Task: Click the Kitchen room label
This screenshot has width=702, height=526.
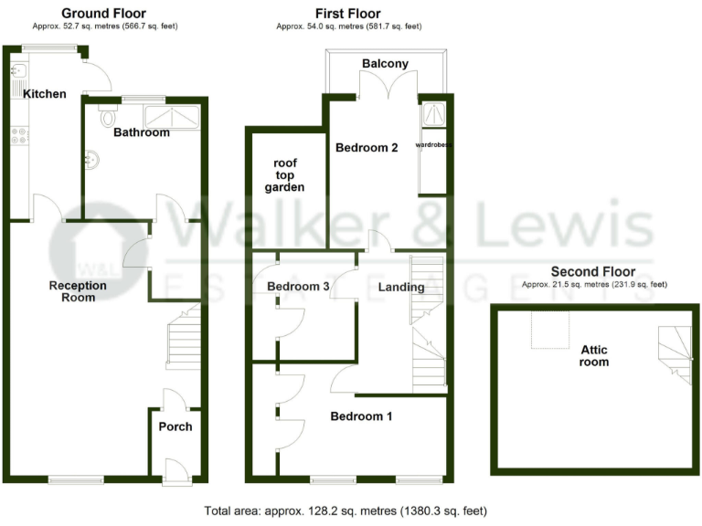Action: pyautogui.click(x=45, y=94)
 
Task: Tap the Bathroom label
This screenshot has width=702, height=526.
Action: pyautogui.click(x=142, y=133)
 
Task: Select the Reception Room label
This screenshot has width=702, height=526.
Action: pyautogui.click(x=78, y=291)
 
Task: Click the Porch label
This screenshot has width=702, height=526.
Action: pyautogui.click(x=175, y=426)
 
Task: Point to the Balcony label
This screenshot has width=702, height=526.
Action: pyautogui.click(x=385, y=64)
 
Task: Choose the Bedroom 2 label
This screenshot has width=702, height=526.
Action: pyautogui.click(x=367, y=148)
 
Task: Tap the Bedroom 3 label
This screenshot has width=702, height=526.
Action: pyautogui.click(x=298, y=287)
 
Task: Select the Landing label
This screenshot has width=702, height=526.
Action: pyautogui.click(x=401, y=288)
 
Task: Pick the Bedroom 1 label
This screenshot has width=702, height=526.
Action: pyautogui.click(x=361, y=416)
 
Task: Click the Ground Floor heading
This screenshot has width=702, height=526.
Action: pyautogui.click(x=103, y=14)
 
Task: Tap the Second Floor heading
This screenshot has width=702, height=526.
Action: pyautogui.click(x=594, y=272)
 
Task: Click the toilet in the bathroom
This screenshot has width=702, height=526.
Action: pyautogui.click(x=109, y=116)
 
